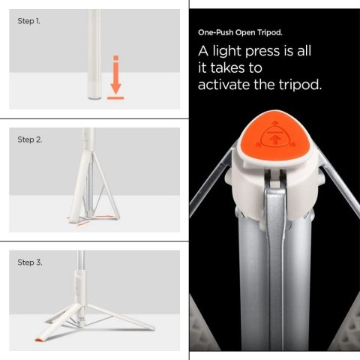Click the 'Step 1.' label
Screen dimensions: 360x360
coord(29,21)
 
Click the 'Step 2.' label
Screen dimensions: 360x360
coord(29,140)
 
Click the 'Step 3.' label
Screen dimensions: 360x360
coord(29,262)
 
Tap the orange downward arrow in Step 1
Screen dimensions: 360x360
coord(115,75)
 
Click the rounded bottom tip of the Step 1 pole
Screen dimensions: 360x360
coord(95,95)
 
